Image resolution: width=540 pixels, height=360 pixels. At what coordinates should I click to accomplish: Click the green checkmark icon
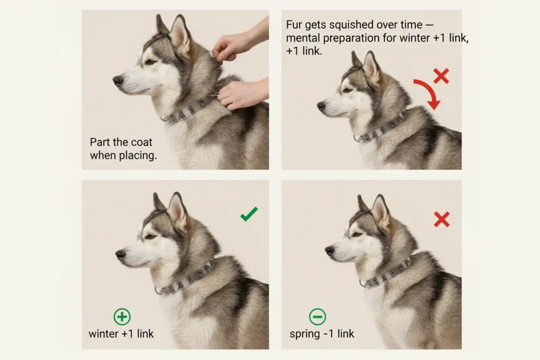[x=249, y=213]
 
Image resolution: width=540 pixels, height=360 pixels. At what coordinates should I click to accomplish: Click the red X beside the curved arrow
[x=441, y=76]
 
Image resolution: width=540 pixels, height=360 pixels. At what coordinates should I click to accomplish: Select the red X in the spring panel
[x=441, y=219]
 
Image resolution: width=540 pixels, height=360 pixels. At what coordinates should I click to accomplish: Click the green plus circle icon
[x=122, y=317]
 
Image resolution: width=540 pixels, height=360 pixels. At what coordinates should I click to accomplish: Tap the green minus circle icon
[x=317, y=317]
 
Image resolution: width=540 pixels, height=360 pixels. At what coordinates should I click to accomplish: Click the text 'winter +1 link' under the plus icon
[x=121, y=334]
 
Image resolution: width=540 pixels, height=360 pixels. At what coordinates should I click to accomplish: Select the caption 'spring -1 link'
[x=322, y=334]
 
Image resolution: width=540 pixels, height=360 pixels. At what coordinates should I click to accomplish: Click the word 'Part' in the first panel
[x=100, y=142]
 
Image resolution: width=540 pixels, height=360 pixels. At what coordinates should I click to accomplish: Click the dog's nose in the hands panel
[x=118, y=80]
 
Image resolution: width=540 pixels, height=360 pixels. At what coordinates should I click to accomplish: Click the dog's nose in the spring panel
[x=330, y=250]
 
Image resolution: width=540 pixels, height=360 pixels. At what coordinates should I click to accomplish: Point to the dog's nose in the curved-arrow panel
[x=321, y=105]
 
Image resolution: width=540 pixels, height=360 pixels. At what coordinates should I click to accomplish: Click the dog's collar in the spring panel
[x=388, y=272]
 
